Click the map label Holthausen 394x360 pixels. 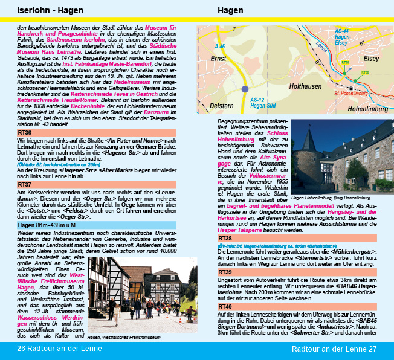pyautogui.click(x=306, y=86)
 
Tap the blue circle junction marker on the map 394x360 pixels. pyautogui.click(x=245, y=89)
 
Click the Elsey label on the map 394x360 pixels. pyautogui.click(x=372, y=59)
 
